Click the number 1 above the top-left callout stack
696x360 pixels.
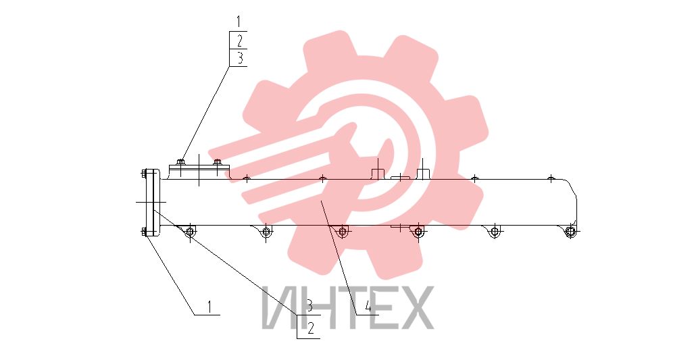coord(239,22)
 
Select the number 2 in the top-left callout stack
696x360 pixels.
coord(240,41)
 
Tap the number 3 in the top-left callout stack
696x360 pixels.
coord(240,58)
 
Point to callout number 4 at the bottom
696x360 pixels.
coord(368,305)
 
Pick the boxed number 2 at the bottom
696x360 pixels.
coord(310,328)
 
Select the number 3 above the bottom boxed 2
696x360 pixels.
coord(310,305)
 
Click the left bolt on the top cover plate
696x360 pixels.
coord(180,163)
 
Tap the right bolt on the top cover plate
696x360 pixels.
coord(217,163)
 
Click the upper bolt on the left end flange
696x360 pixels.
coord(144,173)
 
